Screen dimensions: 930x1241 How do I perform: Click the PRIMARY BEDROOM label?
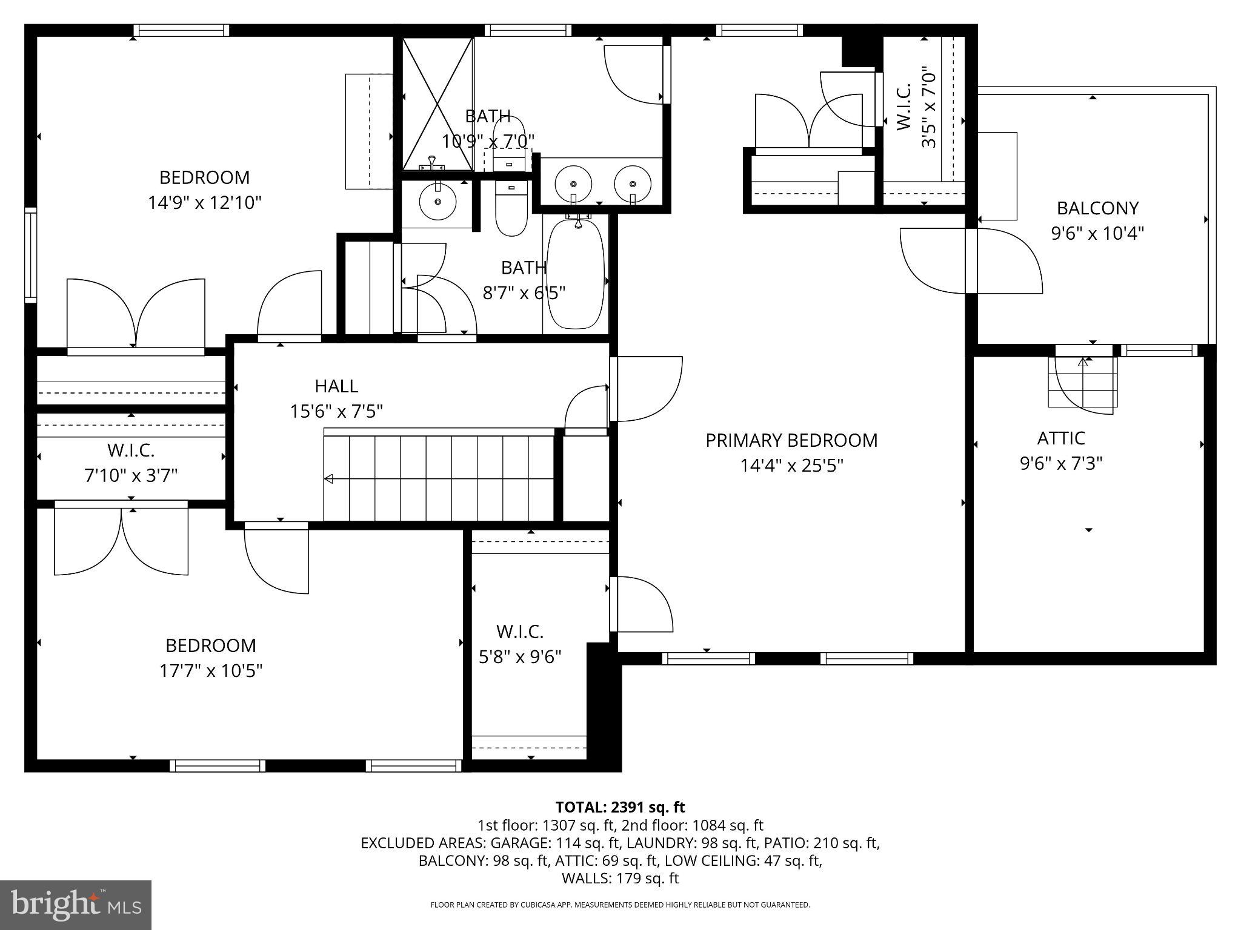click(x=791, y=440)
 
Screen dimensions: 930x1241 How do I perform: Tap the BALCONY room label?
click(x=1097, y=208)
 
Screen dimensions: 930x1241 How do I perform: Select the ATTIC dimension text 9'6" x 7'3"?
click(x=1060, y=463)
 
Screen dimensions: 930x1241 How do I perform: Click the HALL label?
click(x=336, y=386)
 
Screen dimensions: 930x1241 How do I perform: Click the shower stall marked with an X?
click(x=438, y=103)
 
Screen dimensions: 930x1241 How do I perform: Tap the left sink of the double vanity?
click(x=573, y=183)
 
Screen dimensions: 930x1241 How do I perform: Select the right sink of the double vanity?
click(x=633, y=183)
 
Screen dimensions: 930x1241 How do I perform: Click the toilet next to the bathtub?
click(x=511, y=209)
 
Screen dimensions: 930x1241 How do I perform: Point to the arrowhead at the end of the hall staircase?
click(x=328, y=479)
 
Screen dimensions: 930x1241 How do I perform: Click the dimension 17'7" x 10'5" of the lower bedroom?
click(x=211, y=671)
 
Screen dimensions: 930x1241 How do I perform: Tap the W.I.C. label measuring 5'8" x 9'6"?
click(x=520, y=632)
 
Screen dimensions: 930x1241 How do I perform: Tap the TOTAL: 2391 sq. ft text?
click(x=620, y=807)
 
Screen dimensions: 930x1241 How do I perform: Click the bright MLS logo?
click(x=76, y=905)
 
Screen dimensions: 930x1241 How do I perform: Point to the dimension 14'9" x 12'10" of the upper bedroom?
click(x=205, y=202)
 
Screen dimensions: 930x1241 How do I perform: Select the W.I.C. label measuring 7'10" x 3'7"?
click(x=131, y=450)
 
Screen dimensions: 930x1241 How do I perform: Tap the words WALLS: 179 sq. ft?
click(x=620, y=878)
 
